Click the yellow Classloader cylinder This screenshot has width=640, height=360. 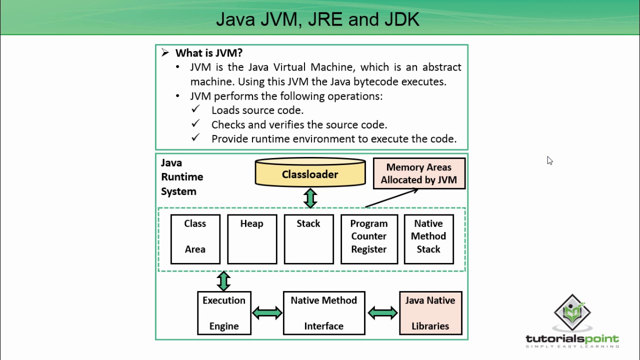coord(310,173)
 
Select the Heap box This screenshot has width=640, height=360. coord(252,239)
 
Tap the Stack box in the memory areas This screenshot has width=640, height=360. coord(308,239)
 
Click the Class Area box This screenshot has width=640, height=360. coord(195,239)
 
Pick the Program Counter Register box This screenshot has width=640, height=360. coord(369,239)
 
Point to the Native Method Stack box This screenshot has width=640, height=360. coord(428,239)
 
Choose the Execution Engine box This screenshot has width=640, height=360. coord(224,313)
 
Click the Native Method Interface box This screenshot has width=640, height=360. coord(324,313)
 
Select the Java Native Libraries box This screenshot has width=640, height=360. coord(430,313)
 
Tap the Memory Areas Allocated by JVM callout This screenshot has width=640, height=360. coord(419,173)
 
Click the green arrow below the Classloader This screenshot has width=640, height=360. coord(310,198)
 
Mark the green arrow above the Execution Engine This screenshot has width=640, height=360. coord(223,281)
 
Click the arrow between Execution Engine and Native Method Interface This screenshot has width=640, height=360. coord(267,313)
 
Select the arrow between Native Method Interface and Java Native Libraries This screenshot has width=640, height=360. coord(382,313)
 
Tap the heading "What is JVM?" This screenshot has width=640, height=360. coord(208,53)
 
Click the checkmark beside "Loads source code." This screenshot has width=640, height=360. coord(195,109)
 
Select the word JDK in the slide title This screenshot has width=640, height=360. coord(402,19)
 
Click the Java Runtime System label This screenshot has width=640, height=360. coord(181,177)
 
